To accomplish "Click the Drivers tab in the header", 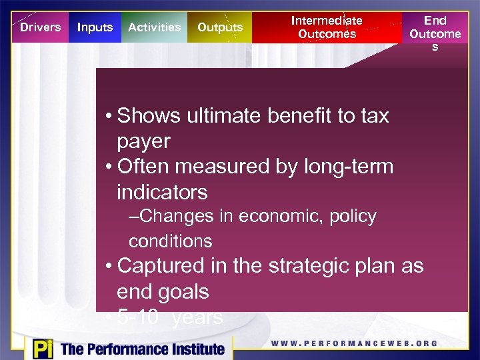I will click(x=40, y=27).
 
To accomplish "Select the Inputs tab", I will click(x=95, y=27).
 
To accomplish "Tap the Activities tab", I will click(x=154, y=27).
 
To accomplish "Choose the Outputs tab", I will click(x=220, y=27).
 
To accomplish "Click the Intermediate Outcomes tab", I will click(x=327, y=27).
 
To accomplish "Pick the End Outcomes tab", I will click(x=435, y=33).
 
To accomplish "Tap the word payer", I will click(x=143, y=141).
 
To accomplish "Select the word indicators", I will click(x=162, y=193).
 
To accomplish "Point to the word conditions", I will click(x=170, y=241).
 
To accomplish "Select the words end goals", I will click(x=162, y=291).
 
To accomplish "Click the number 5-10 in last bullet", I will click(x=137, y=318).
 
